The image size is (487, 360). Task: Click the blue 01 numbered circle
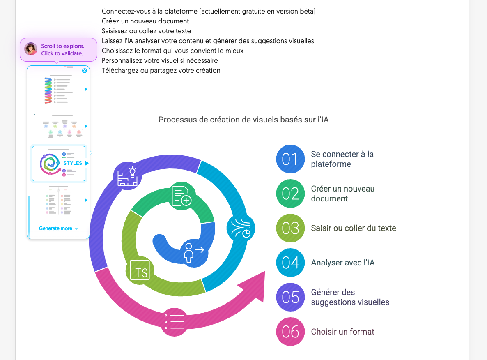pos(290,159)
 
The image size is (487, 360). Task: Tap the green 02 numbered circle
pos(290,194)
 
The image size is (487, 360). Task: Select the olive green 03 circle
pos(290,228)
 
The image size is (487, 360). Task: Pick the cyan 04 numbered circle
pos(290,262)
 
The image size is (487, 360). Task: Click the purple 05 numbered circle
pos(290,297)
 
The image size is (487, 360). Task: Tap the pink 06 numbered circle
pos(290,331)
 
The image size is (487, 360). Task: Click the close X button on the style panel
pos(85,71)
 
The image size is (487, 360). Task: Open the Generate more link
pos(58,228)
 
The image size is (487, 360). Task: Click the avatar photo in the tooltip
pos(31,49)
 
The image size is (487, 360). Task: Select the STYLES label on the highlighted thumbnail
pos(73,163)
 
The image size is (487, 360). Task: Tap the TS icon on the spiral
pos(140,270)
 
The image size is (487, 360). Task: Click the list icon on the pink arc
pos(175,322)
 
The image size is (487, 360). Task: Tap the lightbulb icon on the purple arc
pos(128,176)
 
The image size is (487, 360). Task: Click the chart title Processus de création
pos(243,120)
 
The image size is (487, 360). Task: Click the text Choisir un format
pos(342,332)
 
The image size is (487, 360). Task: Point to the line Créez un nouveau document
pos(145,21)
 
